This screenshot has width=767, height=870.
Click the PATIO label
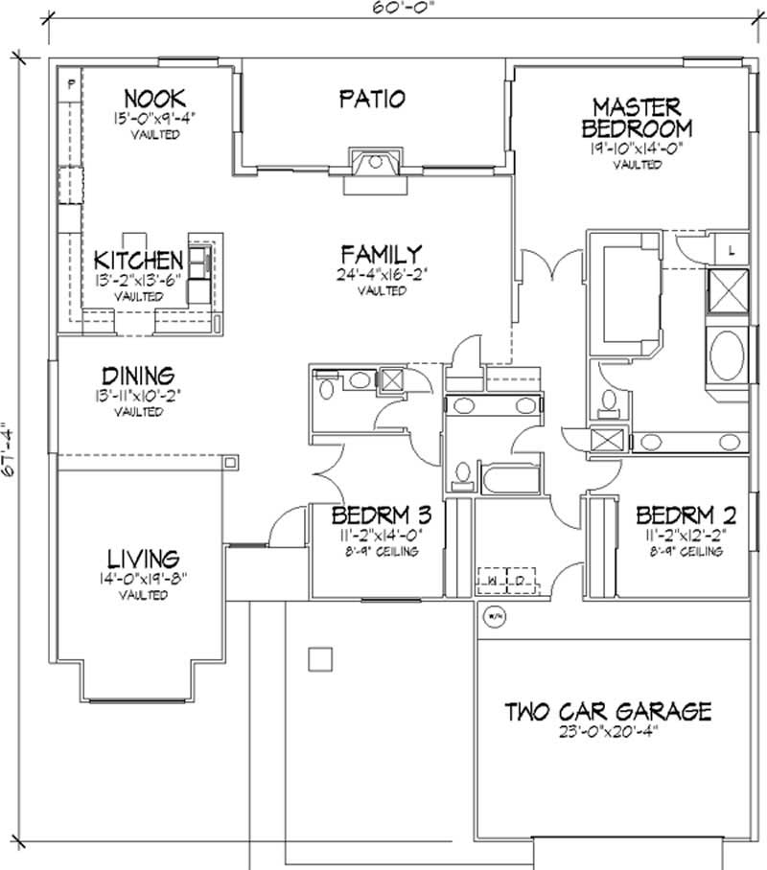[x=372, y=98]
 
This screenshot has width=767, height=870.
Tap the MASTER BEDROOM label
[x=637, y=117]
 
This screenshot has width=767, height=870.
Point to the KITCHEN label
[x=139, y=260]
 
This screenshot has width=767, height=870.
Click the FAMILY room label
[x=381, y=254]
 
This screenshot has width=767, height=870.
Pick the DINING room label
[x=139, y=375]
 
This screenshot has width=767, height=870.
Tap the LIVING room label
[x=143, y=557]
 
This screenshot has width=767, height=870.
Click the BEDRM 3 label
[x=377, y=512]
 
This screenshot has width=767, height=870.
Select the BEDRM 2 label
[x=678, y=512]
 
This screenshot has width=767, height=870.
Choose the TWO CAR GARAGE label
[x=609, y=711]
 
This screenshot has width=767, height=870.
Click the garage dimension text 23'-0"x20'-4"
[x=609, y=733]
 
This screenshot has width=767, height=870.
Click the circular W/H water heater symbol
[x=495, y=615]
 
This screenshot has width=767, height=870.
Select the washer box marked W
[x=491, y=581]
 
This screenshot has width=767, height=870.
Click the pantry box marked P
[x=71, y=83]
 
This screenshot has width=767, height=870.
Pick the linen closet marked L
[x=731, y=250]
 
